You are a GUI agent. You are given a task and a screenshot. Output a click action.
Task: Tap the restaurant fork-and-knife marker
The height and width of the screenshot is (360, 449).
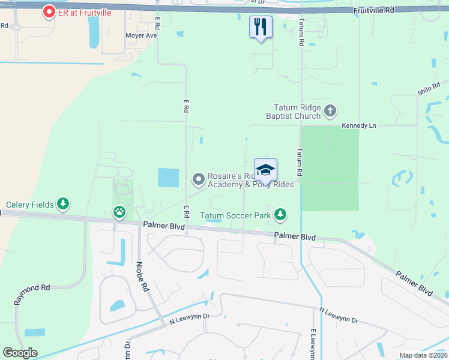point(261,27)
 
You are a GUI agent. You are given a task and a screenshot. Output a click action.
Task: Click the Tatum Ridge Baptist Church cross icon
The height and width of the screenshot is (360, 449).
point(330,110)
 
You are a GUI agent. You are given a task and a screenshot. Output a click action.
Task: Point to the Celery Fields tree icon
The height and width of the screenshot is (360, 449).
point(63,205)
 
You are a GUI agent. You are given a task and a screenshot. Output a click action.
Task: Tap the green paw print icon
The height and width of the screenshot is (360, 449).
point(119,212)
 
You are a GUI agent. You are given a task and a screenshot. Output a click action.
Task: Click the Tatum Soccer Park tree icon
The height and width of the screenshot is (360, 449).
point(280,215)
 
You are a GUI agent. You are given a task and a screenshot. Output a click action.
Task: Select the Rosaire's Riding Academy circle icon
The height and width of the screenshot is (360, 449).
point(199,179)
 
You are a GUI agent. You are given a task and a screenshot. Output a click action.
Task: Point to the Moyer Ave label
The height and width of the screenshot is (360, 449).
point(140,35)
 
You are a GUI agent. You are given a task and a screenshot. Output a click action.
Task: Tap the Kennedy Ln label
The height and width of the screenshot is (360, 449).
point(358,125)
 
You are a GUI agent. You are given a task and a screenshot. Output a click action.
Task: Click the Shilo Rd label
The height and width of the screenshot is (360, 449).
point(429,89)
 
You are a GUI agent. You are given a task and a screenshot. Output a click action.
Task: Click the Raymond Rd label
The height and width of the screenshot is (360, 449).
point(33,288)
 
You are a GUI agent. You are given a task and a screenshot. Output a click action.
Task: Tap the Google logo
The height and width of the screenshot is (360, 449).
point(20,353)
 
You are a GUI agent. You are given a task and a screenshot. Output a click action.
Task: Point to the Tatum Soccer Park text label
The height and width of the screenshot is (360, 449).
point(235,215)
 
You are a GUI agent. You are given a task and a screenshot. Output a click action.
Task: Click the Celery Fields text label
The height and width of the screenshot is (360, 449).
point(30,205)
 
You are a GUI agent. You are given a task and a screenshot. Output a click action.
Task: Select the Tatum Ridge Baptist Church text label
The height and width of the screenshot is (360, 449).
point(294,111)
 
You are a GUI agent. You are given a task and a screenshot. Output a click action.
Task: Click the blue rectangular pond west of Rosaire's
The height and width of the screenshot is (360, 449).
point(168,178)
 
